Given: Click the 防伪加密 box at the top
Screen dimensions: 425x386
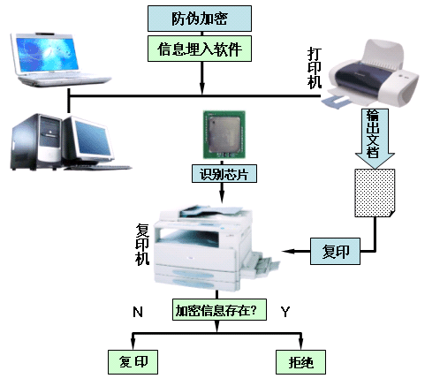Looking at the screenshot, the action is tap(200, 19).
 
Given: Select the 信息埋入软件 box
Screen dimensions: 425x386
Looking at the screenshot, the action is tap(200, 49).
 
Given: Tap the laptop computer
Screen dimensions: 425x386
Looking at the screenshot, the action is tap(59, 60).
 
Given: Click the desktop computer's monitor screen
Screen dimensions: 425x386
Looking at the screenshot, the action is tap(94, 138).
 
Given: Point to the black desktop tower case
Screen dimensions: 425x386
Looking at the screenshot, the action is tap(37, 141).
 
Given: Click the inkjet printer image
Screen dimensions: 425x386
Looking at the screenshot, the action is tap(372, 75).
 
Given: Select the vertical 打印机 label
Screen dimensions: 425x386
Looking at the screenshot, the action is tap(315, 68).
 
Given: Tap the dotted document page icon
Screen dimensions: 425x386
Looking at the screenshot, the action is tap(375, 193).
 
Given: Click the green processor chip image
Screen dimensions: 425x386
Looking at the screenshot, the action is tap(224, 135).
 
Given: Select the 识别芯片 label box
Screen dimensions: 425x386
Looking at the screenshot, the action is tap(224, 174).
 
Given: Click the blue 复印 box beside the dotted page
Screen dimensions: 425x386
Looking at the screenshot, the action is tap(335, 251).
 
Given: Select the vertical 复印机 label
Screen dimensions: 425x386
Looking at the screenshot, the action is tap(142, 245).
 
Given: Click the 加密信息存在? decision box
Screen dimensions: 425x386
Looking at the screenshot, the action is tap(219, 310).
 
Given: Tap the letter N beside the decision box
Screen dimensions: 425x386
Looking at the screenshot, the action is tap(138, 312).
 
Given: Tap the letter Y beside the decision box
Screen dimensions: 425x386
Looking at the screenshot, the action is tap(285, 312).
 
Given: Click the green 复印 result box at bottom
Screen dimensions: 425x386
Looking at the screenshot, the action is tap(133, 362).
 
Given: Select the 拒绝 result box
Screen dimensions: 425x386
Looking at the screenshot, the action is tap(300, 362).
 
